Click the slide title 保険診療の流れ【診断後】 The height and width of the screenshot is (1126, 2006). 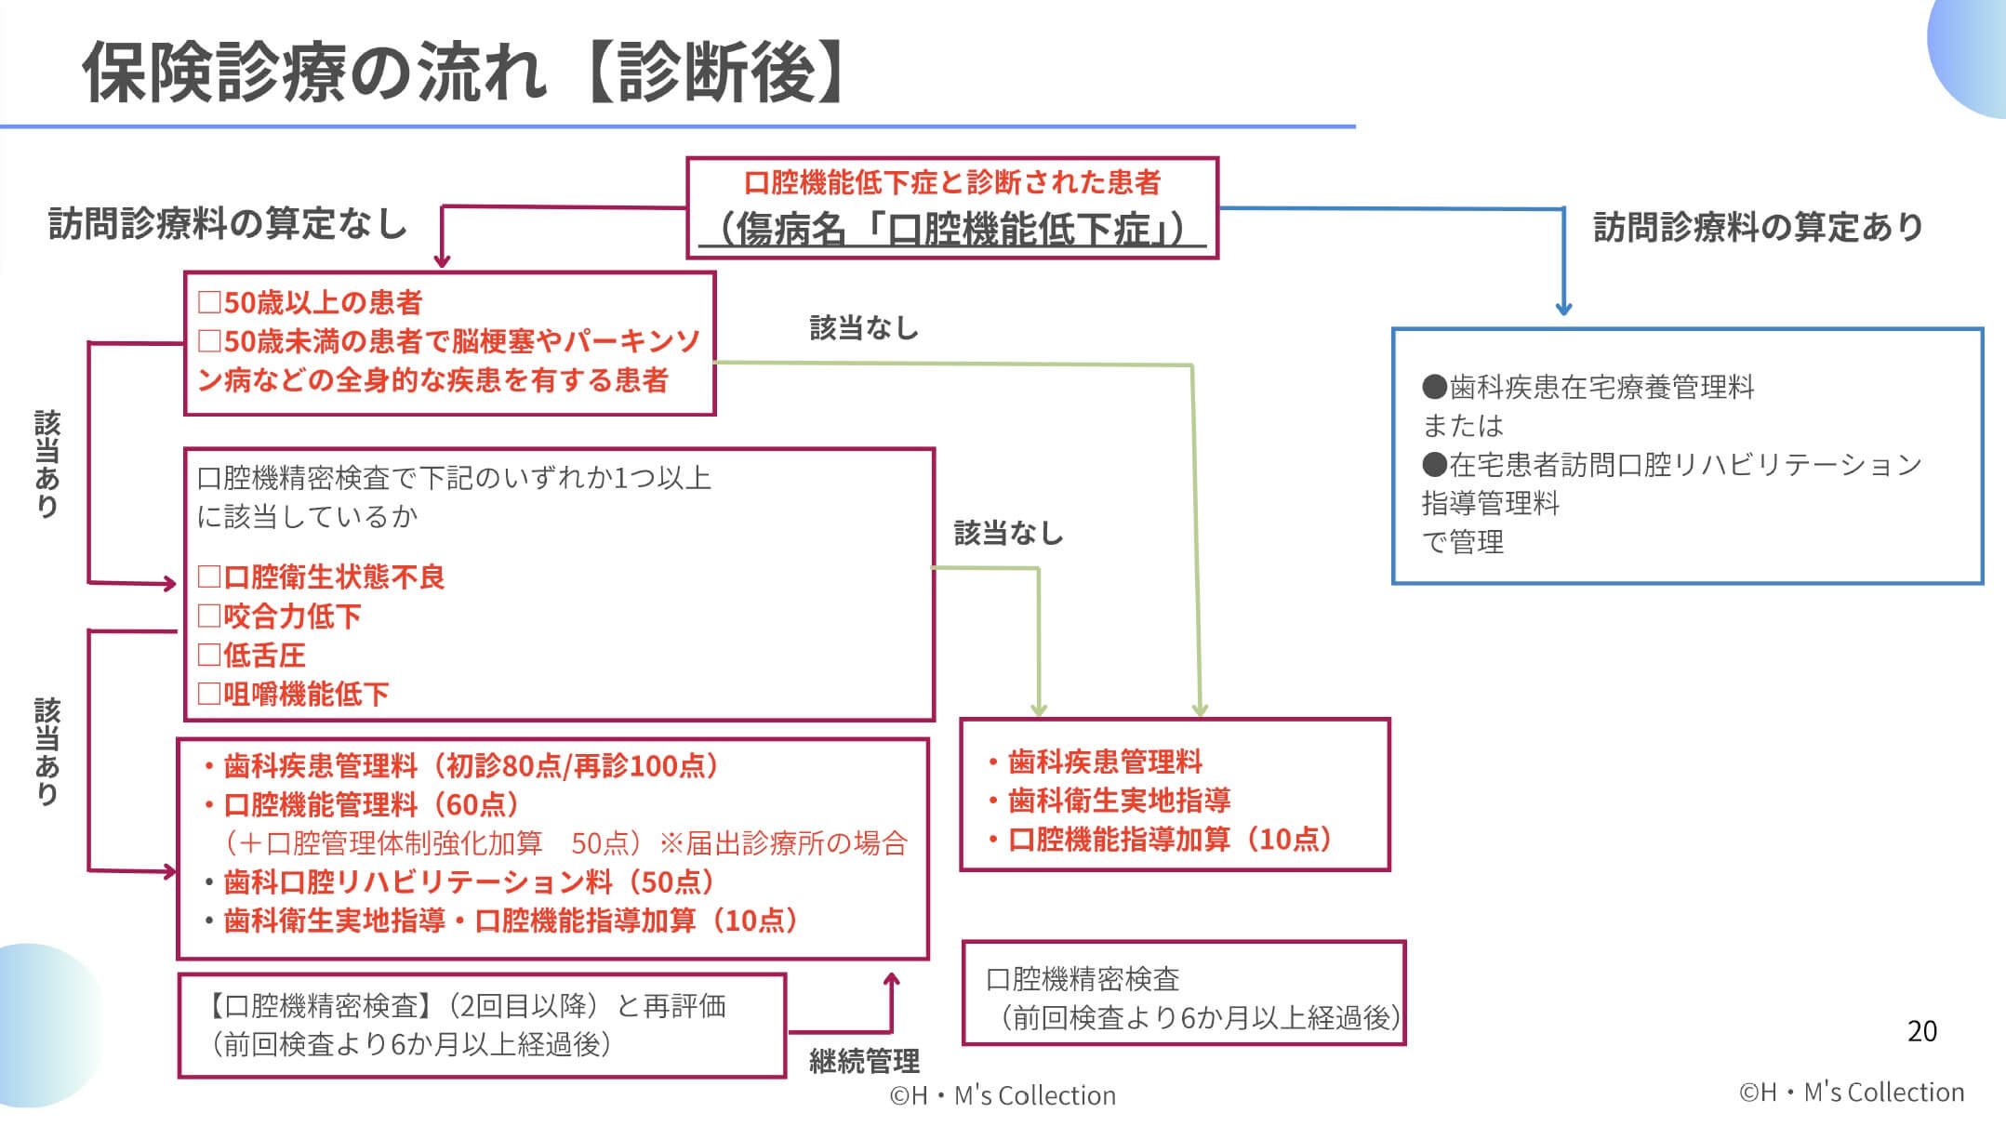coord(465,73)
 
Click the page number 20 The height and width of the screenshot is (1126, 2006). coord(1921,1030)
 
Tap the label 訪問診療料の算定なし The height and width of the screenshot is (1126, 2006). coord(228,224)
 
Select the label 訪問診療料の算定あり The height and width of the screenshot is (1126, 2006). coord(1758,226)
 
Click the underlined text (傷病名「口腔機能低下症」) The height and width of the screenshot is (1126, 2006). coord(951,229)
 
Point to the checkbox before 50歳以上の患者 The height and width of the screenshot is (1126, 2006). coord(208,302)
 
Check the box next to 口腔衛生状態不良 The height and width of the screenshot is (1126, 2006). coord(208,577)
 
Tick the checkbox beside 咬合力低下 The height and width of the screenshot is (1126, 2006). coord(208,616)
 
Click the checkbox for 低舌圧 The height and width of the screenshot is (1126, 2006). coord(208,655)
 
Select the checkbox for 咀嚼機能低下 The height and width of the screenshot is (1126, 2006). coord(208,694)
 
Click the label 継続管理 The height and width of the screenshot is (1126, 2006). coord(864,1061)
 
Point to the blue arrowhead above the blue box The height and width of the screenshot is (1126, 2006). coord(1563,309)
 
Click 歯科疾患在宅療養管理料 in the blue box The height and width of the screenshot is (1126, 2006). coord(1600,387)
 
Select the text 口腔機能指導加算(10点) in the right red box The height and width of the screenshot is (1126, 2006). coord(1172,840)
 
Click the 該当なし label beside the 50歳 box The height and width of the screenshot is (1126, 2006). coord(864,328)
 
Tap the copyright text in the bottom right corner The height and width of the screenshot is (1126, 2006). coord(1851,1092)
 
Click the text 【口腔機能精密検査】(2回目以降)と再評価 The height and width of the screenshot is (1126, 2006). coord(465,1005)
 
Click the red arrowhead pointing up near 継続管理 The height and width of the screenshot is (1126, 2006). coord(891,980)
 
